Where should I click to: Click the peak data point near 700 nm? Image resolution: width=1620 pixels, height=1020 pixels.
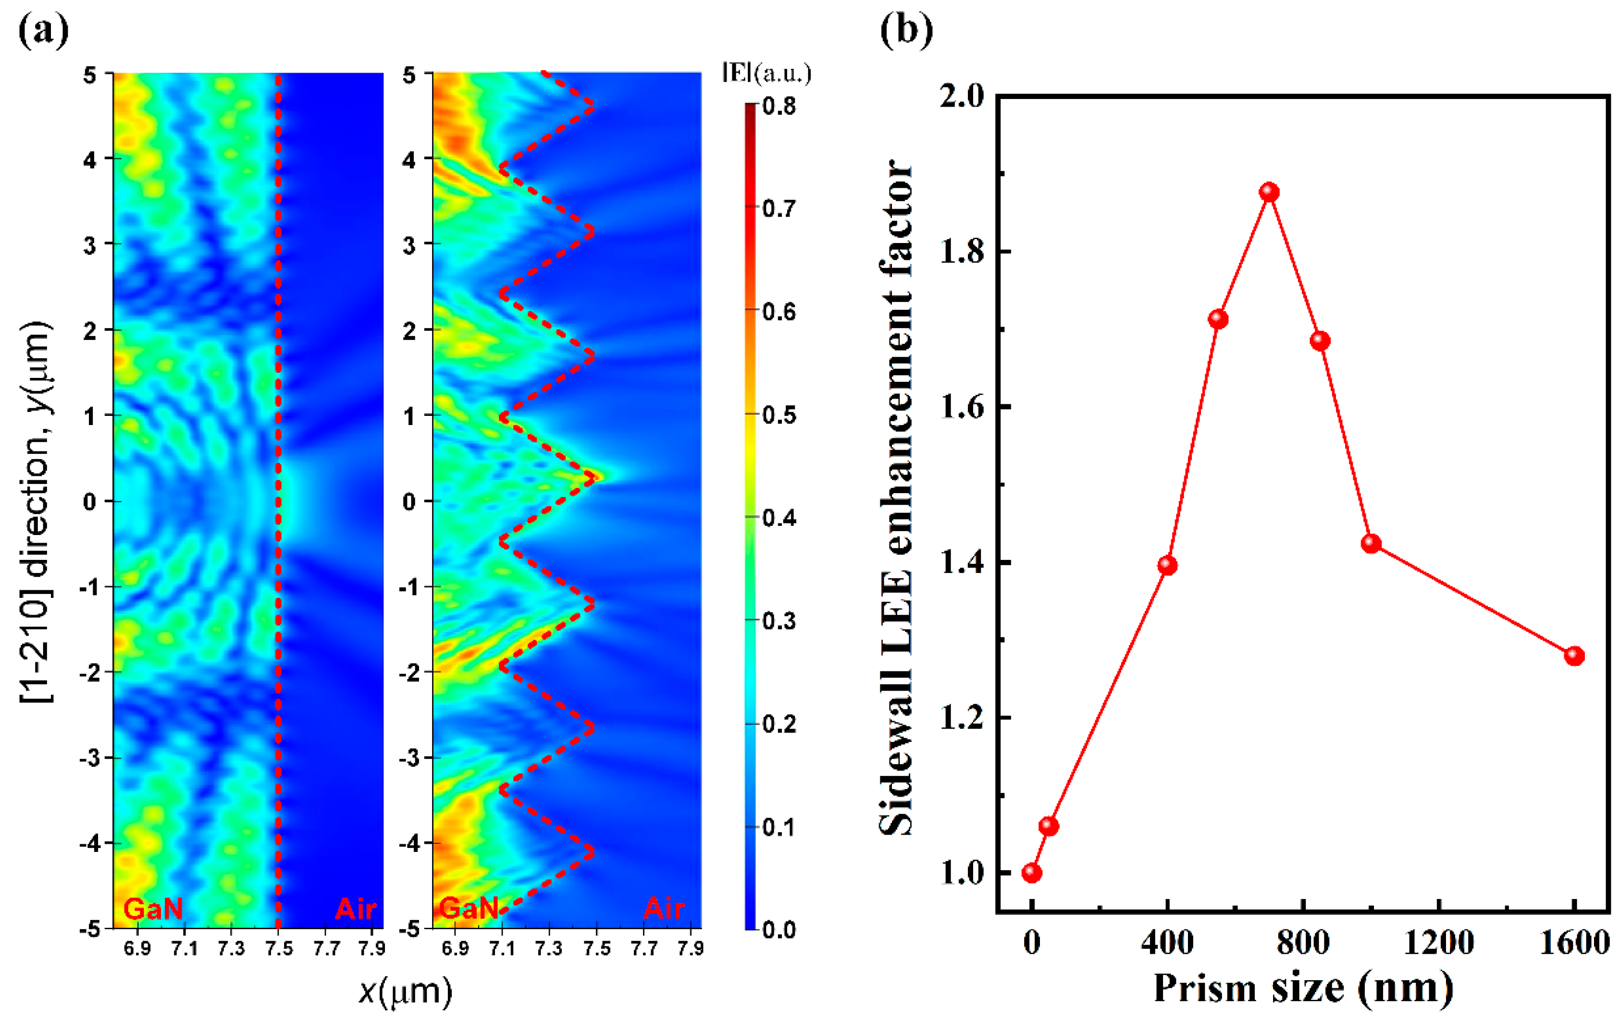[1269, 192]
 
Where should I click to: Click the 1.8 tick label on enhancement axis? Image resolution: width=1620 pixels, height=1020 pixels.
[961, 252]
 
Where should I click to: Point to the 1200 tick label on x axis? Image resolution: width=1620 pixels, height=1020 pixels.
[1438, 943]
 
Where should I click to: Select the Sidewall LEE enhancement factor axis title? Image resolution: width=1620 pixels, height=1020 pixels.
[897, 498]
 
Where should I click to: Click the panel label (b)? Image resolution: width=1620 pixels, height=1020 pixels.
[906, 30]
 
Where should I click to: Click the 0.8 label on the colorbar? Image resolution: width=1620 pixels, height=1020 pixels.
[779, 106]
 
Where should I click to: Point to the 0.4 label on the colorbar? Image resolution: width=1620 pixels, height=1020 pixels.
[779, 518]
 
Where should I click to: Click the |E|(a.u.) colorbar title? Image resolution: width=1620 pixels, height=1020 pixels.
[767, 73]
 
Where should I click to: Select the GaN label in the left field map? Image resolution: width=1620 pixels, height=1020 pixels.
[153, 909]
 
